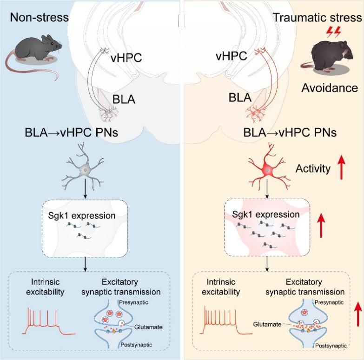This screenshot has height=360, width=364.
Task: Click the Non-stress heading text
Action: click(x=40, y=18)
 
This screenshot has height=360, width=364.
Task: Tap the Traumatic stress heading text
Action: click(x=317, y=18)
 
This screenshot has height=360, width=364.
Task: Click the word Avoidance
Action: click(x=329, y=88)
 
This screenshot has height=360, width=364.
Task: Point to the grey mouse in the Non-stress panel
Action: click(x=35, y=49)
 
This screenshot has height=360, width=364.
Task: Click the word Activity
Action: click(x=313, y=169)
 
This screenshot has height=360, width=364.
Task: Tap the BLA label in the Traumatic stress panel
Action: click(x=240, y=98)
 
